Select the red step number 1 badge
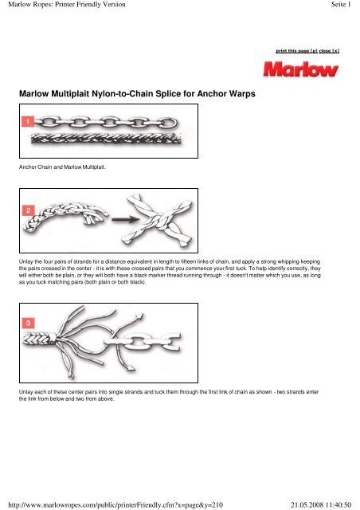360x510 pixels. (28, 122)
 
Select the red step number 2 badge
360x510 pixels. (28, 210)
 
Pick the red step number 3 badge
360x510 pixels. (28, 323)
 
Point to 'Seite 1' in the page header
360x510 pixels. (341, 6)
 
